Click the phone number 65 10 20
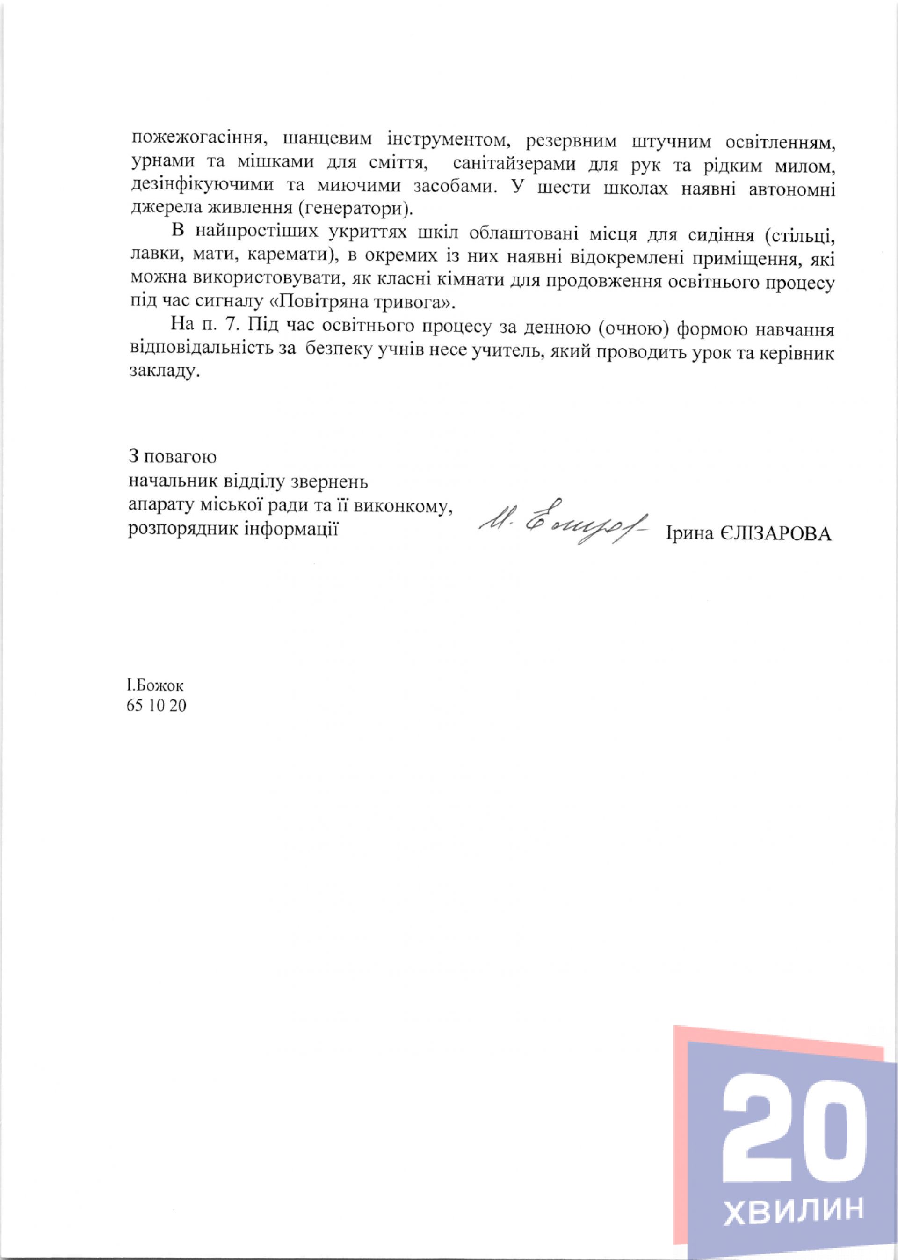click(x=157, y=706)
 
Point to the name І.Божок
click(x=155, y=686)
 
